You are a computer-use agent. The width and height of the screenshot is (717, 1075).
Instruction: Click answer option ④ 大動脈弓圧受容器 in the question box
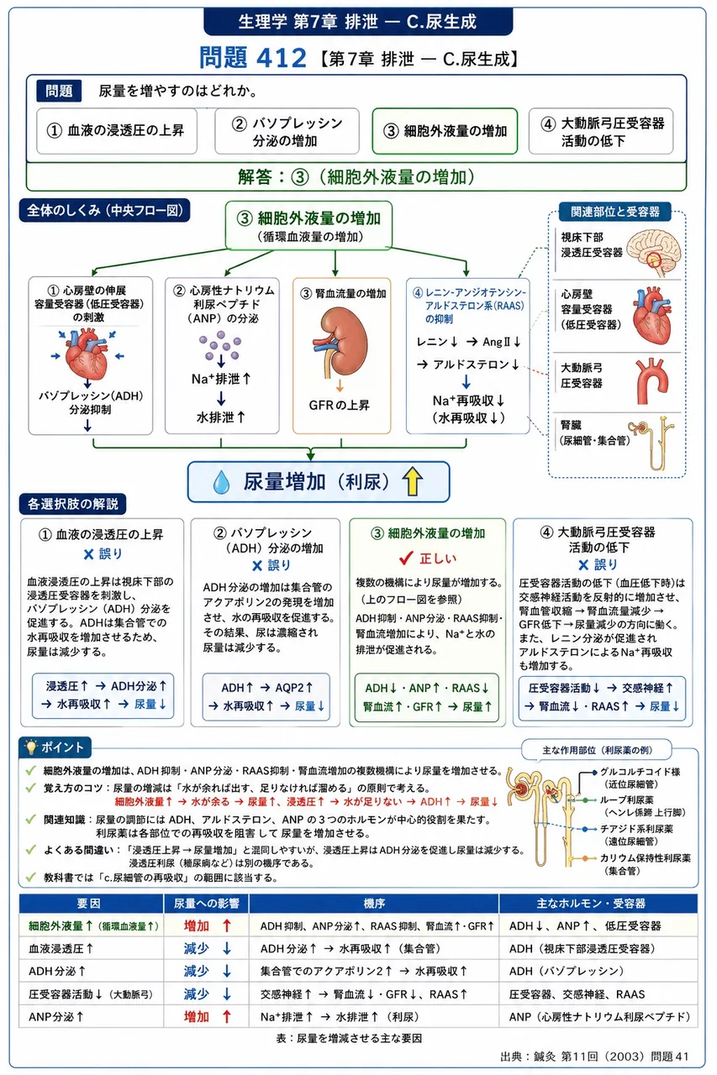click(601, 131)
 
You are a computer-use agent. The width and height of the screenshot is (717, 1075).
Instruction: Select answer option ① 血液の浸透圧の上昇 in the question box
click(117, 131)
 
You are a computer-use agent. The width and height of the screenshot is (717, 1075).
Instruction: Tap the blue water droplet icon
click(221, 482)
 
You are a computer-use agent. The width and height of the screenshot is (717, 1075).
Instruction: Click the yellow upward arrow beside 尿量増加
click(412, 481)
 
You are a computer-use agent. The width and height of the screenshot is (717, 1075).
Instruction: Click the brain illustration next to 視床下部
click(654, 253)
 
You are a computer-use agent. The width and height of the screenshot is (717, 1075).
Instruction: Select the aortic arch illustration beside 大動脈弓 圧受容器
click(651, 380)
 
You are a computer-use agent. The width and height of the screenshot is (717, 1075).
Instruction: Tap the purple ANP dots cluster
click(220, 345)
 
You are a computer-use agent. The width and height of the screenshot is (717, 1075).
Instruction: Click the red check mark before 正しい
click(406, 558)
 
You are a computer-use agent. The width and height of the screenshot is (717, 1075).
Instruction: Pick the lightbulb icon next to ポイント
click(31, 747)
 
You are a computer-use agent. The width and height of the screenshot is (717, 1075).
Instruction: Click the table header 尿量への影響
click(206, 904)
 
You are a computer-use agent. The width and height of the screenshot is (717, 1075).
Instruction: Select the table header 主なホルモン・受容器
click(598, 904)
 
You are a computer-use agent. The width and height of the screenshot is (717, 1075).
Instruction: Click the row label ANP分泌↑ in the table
click(56, 1016)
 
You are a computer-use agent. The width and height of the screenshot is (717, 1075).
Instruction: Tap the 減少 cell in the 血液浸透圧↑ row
click(197, 948)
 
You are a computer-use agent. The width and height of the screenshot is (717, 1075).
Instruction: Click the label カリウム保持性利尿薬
click(645, 857)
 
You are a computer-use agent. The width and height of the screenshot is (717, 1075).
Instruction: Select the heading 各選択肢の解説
click(72, 504)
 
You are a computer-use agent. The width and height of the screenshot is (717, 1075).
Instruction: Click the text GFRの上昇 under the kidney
click(339, 406)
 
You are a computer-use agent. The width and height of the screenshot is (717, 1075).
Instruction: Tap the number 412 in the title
click(282, 58)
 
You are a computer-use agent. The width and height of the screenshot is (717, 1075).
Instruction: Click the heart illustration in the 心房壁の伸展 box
click(88, 354)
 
